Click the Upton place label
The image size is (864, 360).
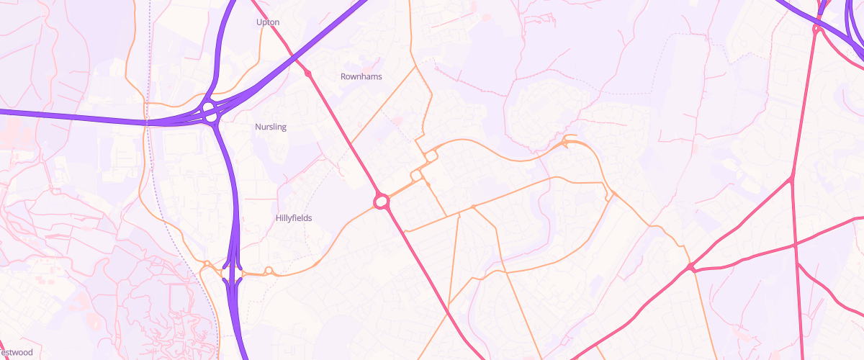[x=268, y=22]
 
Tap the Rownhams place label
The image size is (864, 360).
[x=361, y=76]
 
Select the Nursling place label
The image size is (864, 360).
[x=271, y=127]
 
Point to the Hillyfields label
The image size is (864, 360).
[x=294, y=217]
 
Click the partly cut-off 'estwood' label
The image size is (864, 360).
[x=17, y=352]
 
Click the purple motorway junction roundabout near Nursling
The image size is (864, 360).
[x=210, y=112]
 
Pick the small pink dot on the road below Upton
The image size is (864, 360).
[x=308, y=73]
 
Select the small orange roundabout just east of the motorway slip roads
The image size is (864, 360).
[x=269, y=271]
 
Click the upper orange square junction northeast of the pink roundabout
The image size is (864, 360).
[x=431, y=156]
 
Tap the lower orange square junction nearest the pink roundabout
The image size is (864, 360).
[x=416, y=176]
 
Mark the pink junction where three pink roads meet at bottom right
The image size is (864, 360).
[x=690, y=268]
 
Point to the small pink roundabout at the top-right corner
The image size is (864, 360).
[x=816, y=29]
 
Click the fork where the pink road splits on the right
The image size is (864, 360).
[x=791, y=178]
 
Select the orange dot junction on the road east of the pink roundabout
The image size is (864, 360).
[x=473, y=207]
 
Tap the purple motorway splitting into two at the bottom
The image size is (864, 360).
[x=233, y=277]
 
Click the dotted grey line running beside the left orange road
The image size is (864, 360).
[x=162, y=216]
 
